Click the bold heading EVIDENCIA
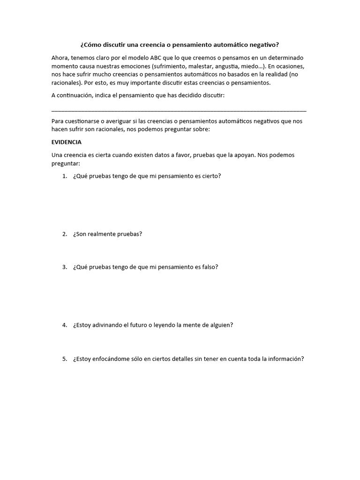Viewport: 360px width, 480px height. [x=67, y=142]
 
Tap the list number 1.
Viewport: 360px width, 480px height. [x=65, y=176]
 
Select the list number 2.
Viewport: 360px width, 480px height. [x=65, y=234]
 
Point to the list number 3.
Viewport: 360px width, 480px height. [x=65, y=267]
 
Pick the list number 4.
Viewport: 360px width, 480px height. [x=65, y=325]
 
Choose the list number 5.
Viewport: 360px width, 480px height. [x=65, y=359]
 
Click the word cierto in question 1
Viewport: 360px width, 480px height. [x=210, y=176]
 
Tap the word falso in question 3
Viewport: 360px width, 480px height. [x=209, y=267]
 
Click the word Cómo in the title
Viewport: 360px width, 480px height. [x=91, y=45]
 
